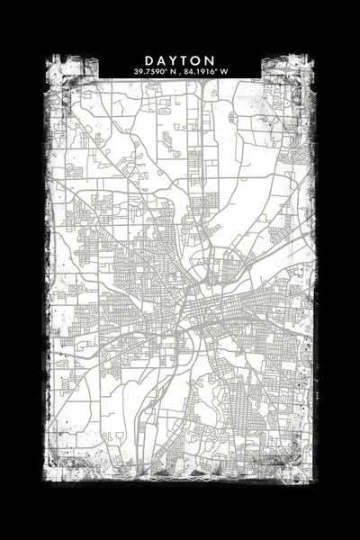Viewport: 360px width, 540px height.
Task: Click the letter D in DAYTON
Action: [x=148, y=59]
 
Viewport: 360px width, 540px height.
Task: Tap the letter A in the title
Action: [x=160, y=59]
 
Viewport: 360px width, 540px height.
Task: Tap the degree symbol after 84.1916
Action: [x=216, y=69]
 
